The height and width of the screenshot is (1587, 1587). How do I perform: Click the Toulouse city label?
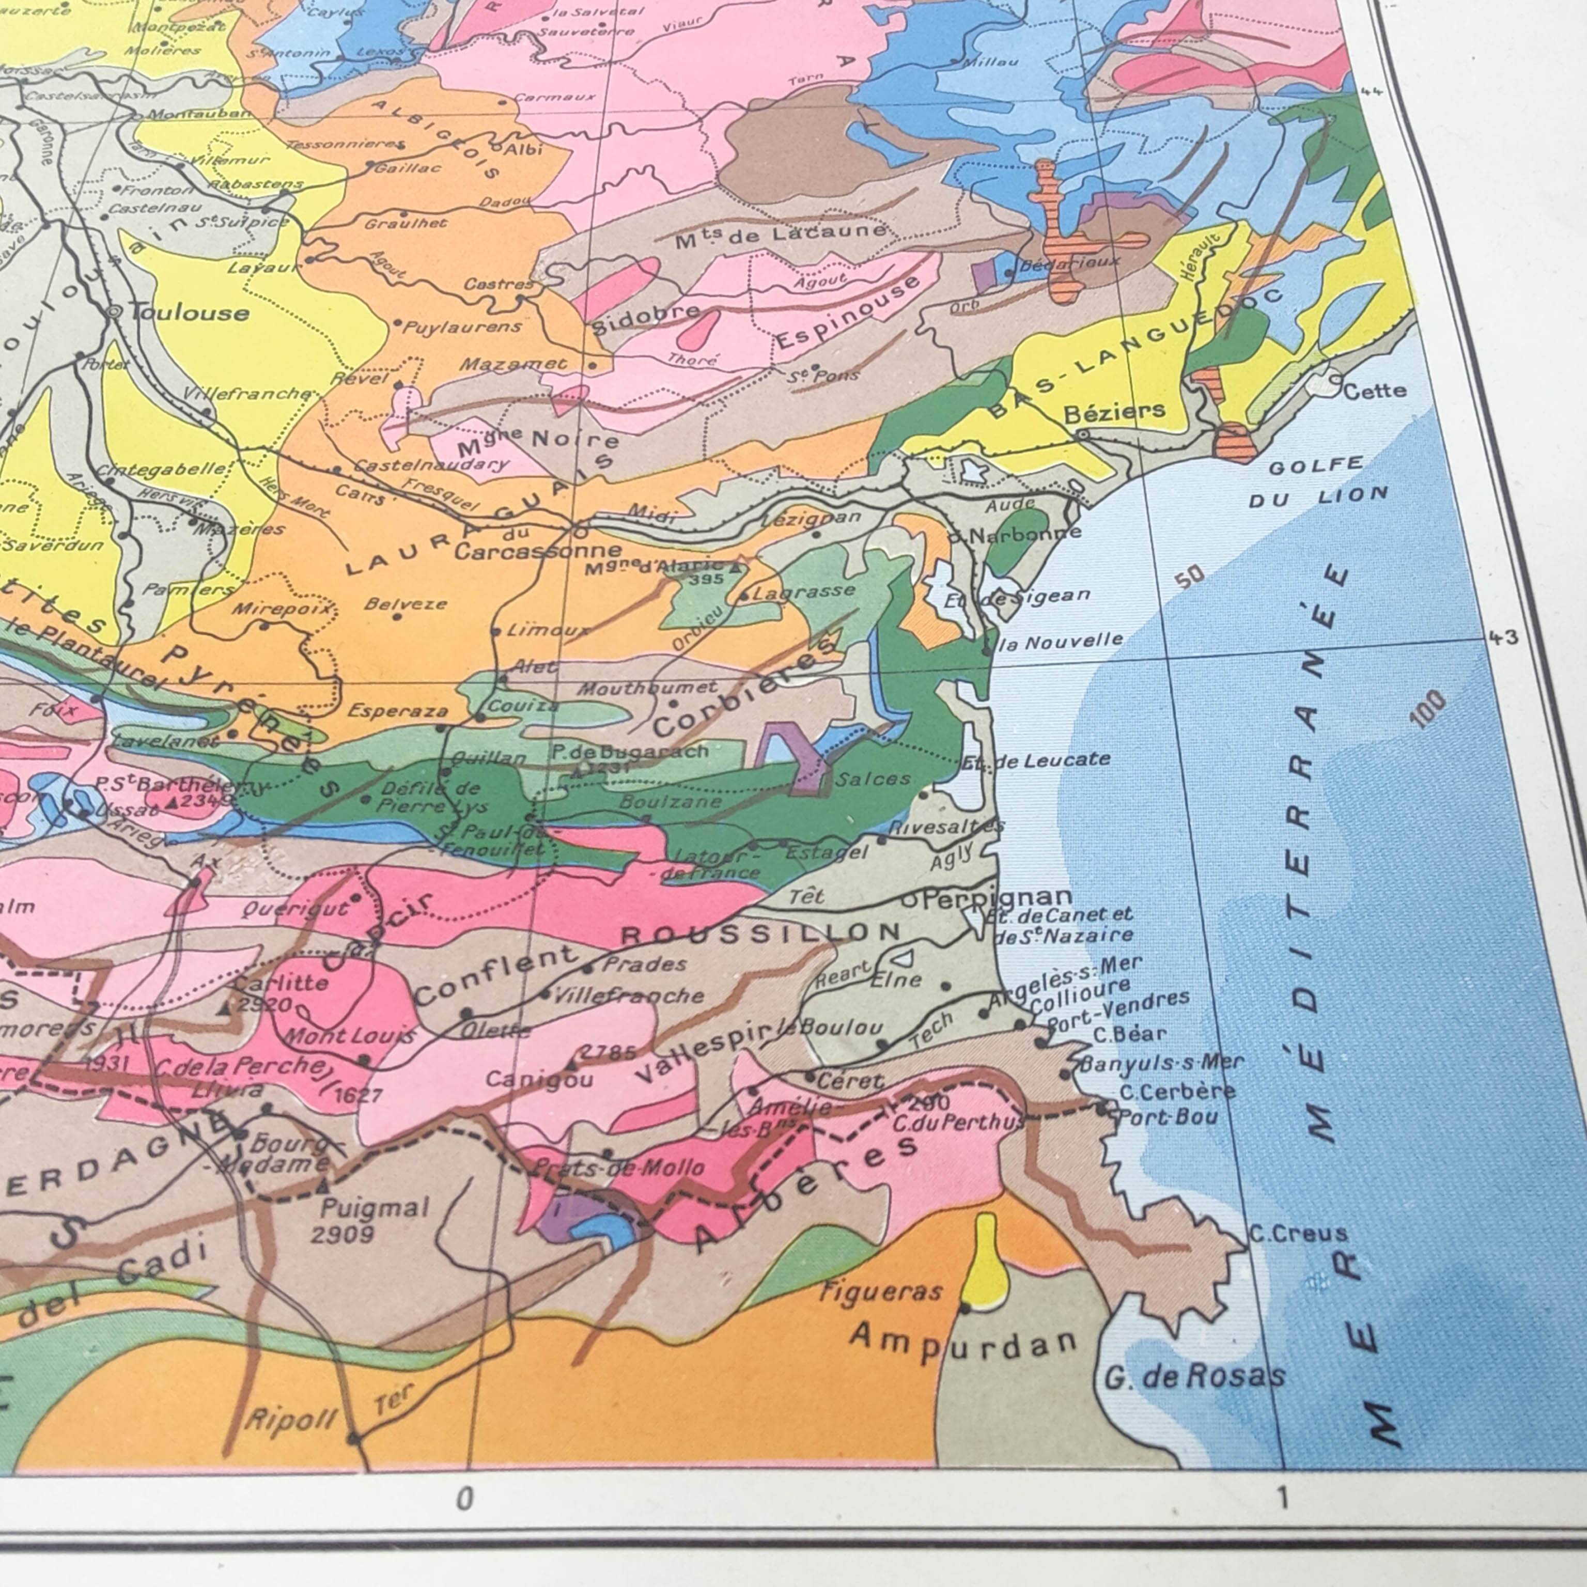coord(189,312)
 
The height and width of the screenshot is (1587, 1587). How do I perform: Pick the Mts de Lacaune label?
coord(781,236)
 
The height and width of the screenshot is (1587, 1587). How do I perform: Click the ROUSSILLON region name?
coord(760,933)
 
